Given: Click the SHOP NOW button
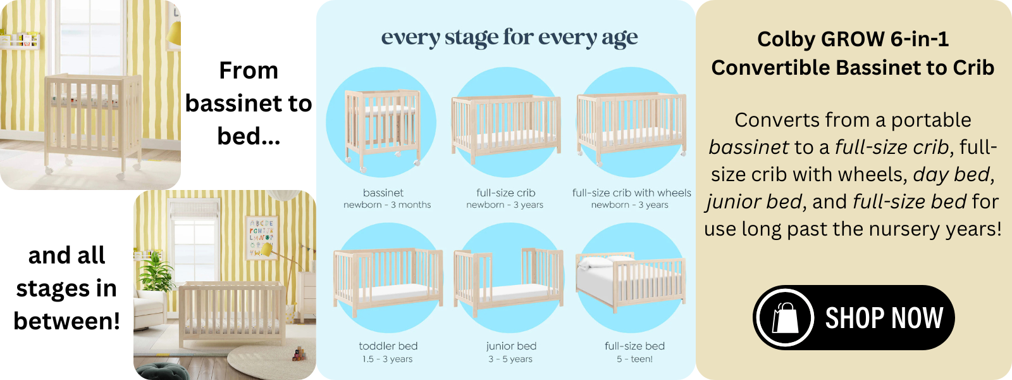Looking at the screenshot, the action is tap(853, 317).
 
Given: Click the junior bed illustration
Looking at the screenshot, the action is tap(509, 281).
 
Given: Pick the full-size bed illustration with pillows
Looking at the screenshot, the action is tap(631, 281).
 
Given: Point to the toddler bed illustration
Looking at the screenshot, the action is tap(388, 281).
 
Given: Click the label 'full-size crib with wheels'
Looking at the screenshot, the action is tap(632, 193).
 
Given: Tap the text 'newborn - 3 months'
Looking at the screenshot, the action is tap(387, 205).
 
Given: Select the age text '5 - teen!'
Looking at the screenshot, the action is tap(635, 359).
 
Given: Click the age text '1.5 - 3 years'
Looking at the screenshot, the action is tap(387, 359).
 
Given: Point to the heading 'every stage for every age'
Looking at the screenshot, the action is tap(510, 37).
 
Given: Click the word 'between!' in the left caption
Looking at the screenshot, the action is tap(67, 320).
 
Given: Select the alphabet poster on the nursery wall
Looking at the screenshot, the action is tap(262, 238).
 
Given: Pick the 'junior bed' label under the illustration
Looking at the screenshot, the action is tap(512, 346).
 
